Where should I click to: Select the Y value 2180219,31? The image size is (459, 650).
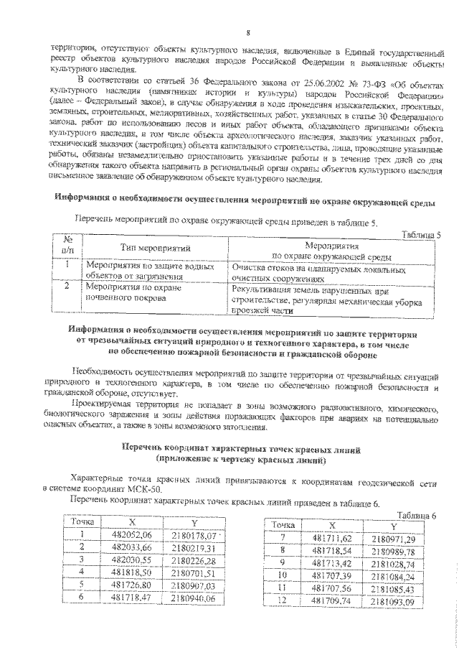click(x=194, y=547)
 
